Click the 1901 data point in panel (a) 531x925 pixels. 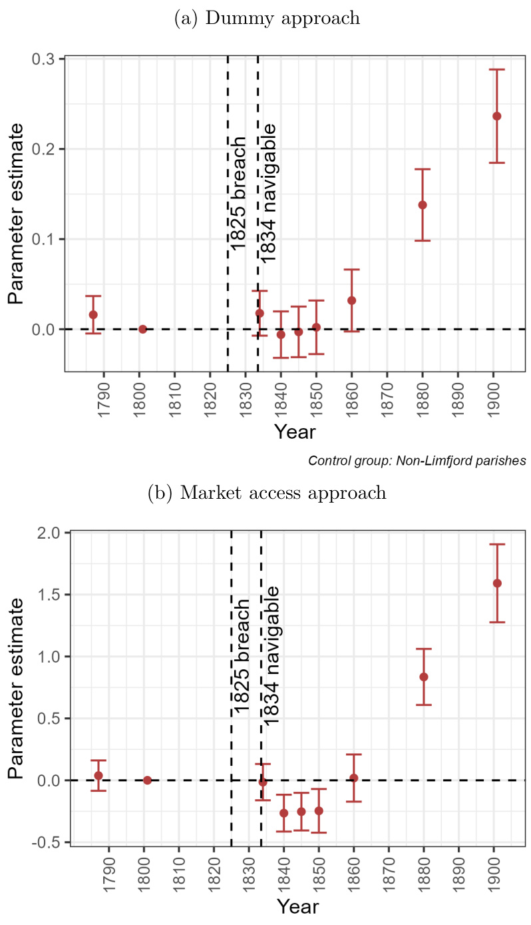pyautogui.click(x=496, y=116)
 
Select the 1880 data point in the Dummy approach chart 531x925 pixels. pyautogui.click(x=423, y=204)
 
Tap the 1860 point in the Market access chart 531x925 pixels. pyautogui.click(x=353, y=778)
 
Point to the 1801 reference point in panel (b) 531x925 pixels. pyautogui.click(x=147, y=780)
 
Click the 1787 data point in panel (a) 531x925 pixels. pyautogui.click(x=93, y=314)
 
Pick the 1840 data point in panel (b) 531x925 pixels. pyautogui.click(x=284, y=812)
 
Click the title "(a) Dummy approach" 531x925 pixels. pyautogui.click(x=267, y=19)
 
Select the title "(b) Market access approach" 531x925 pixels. pyautogui.click(x=267, y=493)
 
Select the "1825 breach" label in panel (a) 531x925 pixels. pyautogui.click(x=238, y=194)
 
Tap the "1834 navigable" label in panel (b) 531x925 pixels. pyautogui.click(x=269, y=655)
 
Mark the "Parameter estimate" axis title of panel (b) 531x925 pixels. pyautogui.click(x=17, y=688)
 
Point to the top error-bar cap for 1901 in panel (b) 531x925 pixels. pyautogui.click(x=496, y=544)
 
